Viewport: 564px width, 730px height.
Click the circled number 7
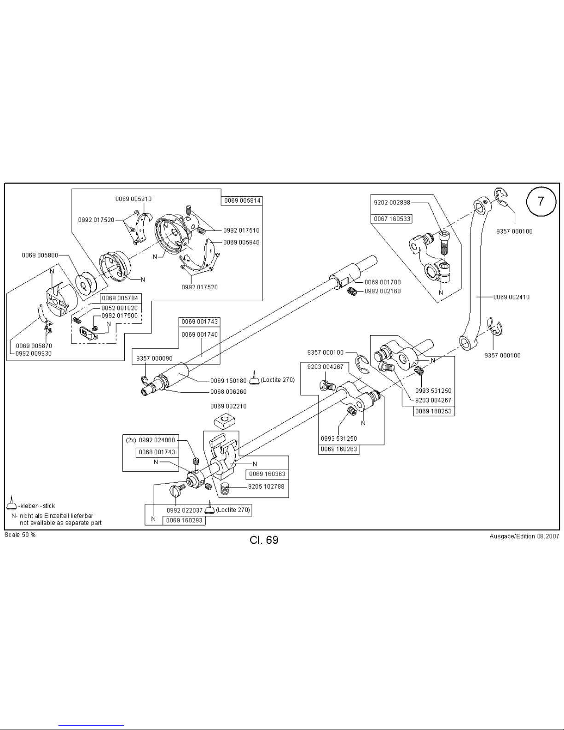tap(541, 201)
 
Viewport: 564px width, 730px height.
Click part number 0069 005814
tap(242, 201)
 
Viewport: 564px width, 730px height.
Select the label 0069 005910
tap(134, 199)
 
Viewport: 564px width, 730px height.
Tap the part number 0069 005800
tap(40, 255)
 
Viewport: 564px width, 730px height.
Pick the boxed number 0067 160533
tap(392, 219)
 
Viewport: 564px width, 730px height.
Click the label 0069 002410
tap(511, 297)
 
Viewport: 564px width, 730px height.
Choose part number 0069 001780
tap(383, 282)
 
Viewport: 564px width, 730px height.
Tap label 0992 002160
tap(383, 291)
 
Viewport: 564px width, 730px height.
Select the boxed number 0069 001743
tap(199, 321)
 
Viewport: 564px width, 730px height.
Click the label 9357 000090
tap(154, 358)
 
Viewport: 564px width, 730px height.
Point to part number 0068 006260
tap(228, 392)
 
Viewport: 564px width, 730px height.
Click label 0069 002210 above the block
tap(228, 406)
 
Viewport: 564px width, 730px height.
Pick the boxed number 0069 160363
tap(267, 474)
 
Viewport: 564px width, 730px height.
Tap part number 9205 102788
tap(266, 486)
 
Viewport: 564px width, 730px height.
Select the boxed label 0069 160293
tap(184, 520)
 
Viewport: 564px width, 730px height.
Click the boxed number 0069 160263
tap(339, 449)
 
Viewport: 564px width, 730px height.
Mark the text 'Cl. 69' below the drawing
tap(264, 540)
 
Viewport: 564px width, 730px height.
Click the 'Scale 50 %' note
tap(20, 535)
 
